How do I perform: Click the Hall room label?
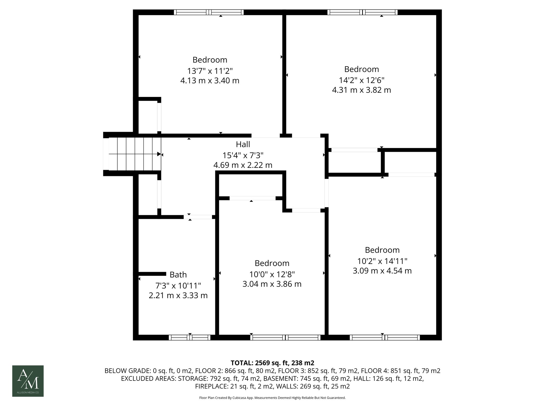(x=243, y=144)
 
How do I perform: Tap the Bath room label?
(x=178, y=275)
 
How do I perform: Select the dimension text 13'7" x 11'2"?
(x=210, y=71)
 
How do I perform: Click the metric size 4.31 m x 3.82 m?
(x=361, y=90)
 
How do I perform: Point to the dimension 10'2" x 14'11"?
(x=382, y=261)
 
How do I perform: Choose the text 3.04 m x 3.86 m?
(x=272, y=284)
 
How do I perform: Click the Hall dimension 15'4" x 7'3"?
(x=243, y=155)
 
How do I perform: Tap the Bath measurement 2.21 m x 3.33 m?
(x=178, y=296)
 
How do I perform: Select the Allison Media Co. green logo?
(x=28, y=381)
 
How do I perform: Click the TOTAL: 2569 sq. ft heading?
(x=272, y=363)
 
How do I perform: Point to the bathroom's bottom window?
(x=189, y=338)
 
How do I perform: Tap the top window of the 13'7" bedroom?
(x=209, y=12)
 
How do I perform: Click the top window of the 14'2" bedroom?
(x=362, y=12)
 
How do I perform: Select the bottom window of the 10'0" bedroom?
(x=285, y=338)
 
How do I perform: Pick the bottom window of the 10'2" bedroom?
(x=385, y=338)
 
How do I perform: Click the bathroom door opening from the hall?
(x=198, y=217)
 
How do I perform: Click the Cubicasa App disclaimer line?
(x=272, y=398)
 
